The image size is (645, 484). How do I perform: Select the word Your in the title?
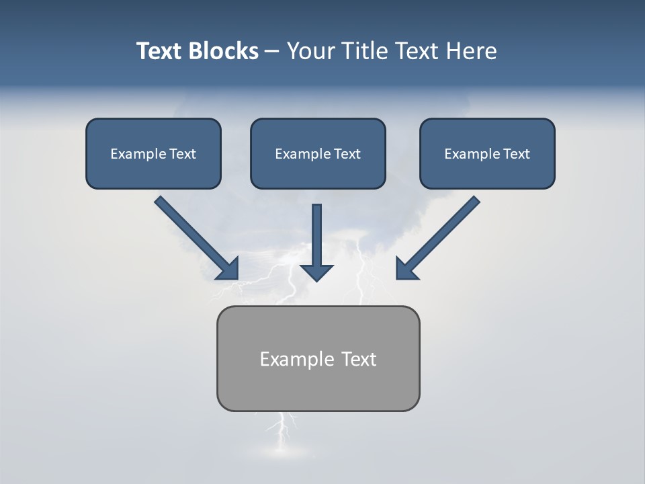(312, 51)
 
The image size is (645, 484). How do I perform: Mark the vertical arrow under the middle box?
(316, 243)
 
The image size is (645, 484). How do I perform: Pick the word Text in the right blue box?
(515, 154)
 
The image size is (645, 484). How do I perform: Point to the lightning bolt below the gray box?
(283, 434)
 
